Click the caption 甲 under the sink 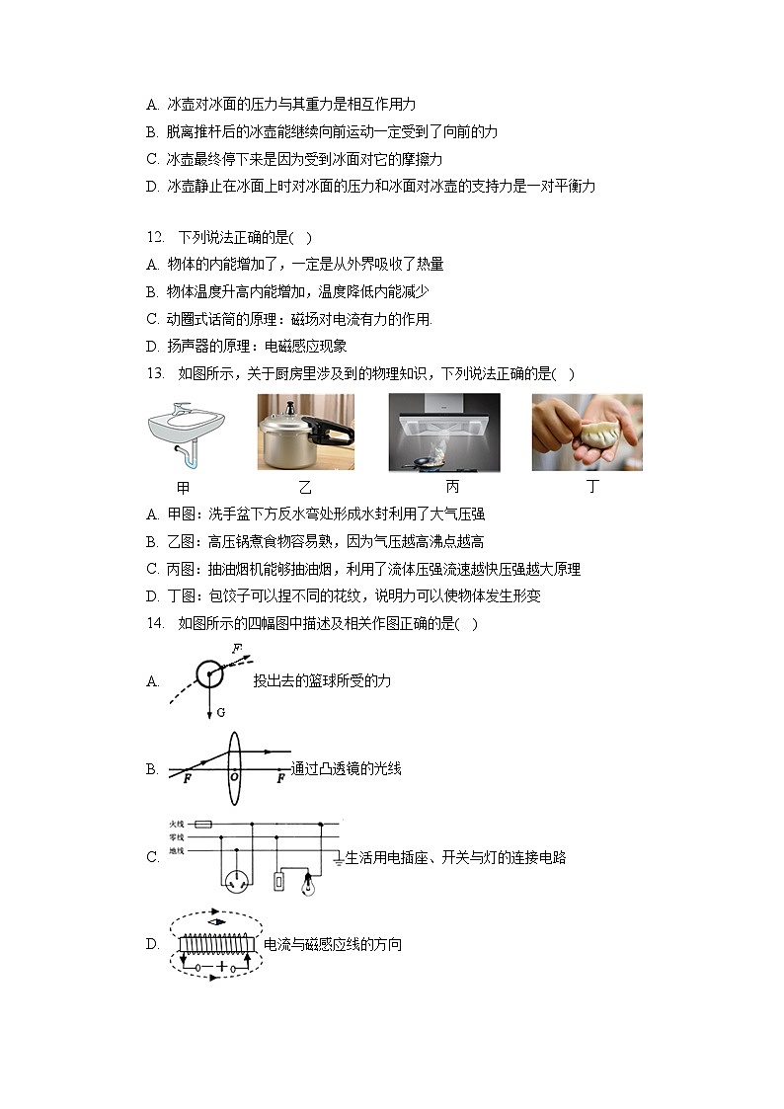[183, 487]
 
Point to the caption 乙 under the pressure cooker [305, 487]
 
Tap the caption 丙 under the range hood [452, 487]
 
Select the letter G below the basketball [220, 712]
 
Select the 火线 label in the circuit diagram [177, 823]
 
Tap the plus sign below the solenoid [219, 967]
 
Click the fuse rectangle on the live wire [202, 823]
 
